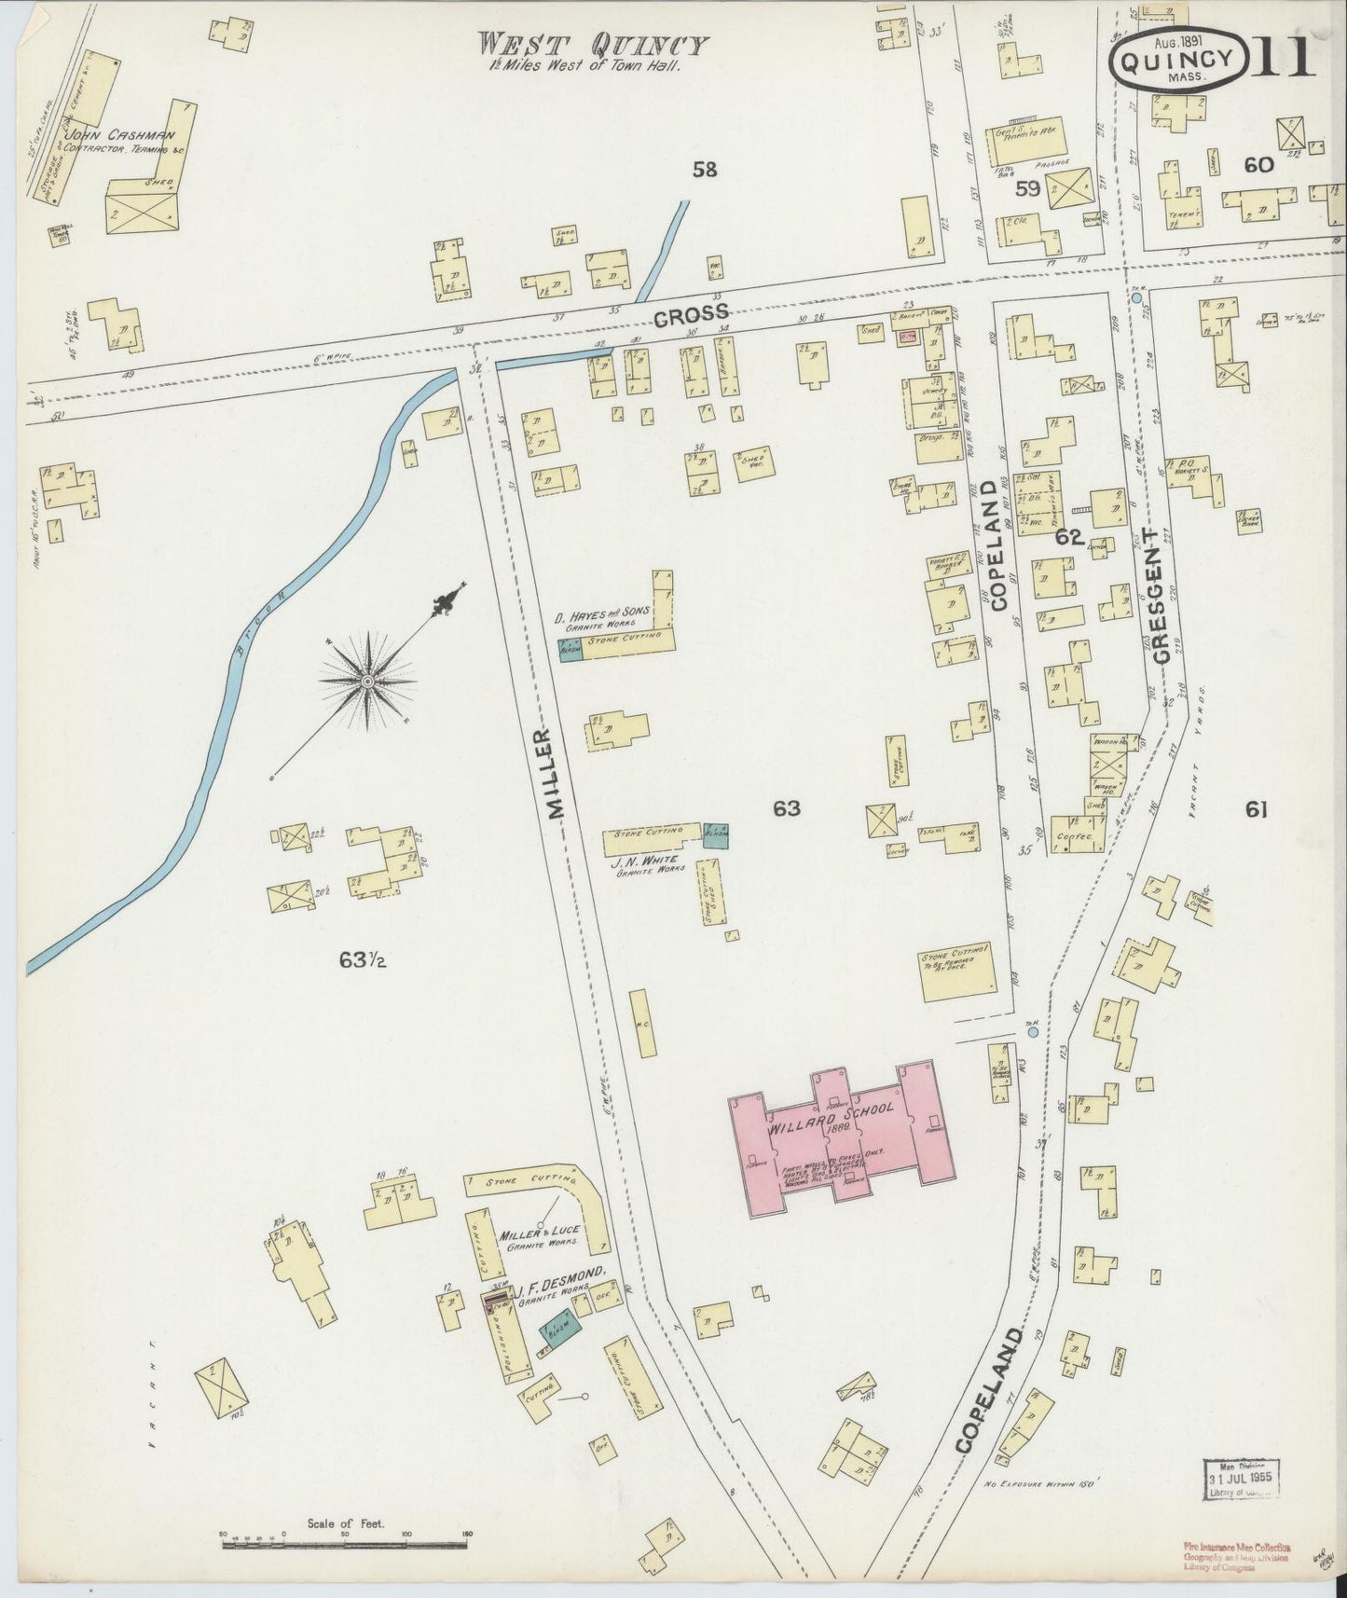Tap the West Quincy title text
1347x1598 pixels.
pyautogui.click(x=593, y=45)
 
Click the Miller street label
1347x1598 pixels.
pyautogui.click(x=557, y=774)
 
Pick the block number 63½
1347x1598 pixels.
pyautogui.click(x=364, y=959)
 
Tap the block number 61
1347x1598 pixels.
pyautogui.click(x=1256, y=810)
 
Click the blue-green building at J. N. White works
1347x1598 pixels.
pyautogui.click(x=716, y=834)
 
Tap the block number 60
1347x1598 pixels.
pyautogui.click(x=1258, y=165)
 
